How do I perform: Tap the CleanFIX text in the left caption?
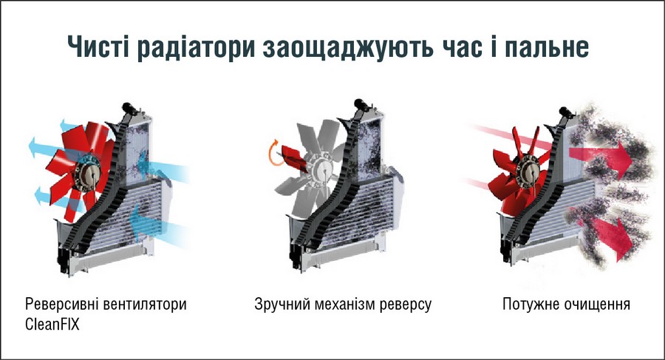tap(52, 325)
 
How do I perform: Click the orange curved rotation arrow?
tap(271, 155)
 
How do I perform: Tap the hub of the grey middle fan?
tap(321, 169)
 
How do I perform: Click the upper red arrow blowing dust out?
tap(600, 159)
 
